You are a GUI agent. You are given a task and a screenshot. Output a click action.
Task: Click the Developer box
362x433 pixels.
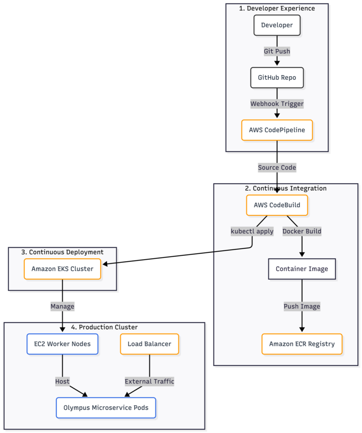click(x=277, y=25)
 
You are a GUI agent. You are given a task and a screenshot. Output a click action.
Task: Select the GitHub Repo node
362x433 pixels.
click(x=277, y=78)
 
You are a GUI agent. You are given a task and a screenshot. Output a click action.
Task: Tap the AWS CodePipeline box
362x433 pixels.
click(x=277, y=130)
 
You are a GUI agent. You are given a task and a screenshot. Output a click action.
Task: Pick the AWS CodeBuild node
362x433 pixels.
click(x=277, y=205)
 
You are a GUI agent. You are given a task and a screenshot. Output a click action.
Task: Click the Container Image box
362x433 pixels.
click(x=302, y=269)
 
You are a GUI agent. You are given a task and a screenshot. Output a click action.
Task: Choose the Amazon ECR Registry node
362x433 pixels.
click(x=302, y=344)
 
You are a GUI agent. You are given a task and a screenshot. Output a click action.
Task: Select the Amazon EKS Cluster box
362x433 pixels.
click(x=62, y=269)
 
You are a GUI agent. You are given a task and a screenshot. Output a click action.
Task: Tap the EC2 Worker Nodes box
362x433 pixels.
click(x=62, y=344)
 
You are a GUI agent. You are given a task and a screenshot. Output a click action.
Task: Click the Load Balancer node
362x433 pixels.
click(x=149, y=344)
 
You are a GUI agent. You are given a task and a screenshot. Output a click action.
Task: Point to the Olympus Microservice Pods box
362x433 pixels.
click(x=106, y=408)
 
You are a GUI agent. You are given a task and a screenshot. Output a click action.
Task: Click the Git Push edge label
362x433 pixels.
click(x=277, y=51)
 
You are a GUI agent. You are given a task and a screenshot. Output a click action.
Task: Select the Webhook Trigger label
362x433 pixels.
click(x=277, y=104)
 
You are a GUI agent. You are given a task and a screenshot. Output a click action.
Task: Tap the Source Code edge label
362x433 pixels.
click(x=277, y=167)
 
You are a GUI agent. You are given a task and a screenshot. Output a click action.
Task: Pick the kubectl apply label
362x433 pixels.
click(x=252, y=231)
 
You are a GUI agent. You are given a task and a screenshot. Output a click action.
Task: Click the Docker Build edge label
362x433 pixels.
click(x=302, y=231)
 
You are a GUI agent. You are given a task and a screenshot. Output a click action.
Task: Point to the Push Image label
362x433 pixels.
click(x=302, y=307)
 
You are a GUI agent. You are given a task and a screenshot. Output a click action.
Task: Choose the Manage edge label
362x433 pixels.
click(x=62, y=307)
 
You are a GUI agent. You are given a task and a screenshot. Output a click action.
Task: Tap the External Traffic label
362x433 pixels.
click(x=149, y=382)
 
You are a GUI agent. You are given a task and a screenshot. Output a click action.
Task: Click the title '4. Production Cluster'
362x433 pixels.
click(x=104, y=327)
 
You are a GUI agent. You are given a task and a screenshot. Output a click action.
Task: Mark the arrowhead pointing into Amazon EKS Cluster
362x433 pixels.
click(x=105, y=264)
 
